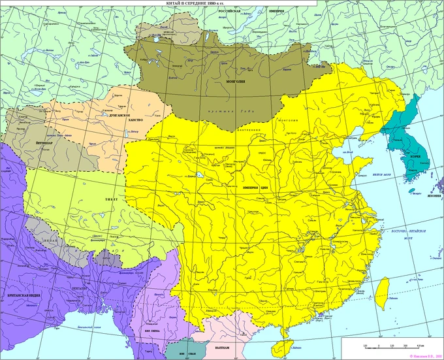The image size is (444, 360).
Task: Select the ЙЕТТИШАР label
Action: (x=45, y=140)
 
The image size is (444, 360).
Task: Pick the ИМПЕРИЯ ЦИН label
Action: (x=255, y=187)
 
